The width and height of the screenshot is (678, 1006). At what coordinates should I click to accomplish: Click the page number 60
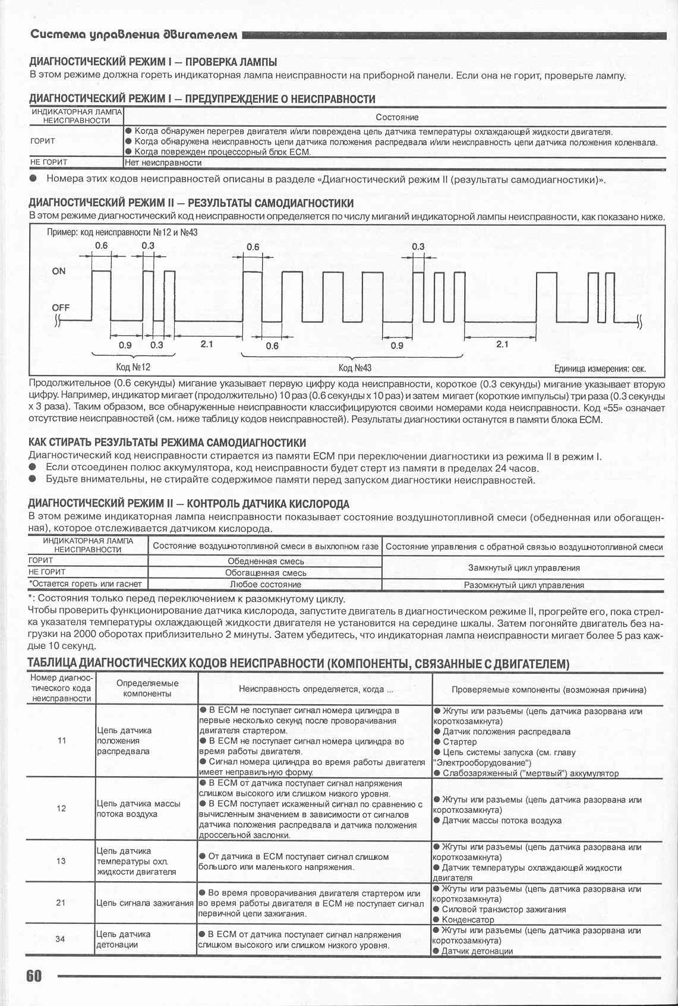pyautogui.click(x=34, y=976)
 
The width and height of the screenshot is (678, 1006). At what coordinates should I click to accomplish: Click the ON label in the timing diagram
pyautogui.click(x=59, y=271)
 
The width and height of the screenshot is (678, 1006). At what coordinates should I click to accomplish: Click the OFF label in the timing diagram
pyautogui.click(x=61, y=307)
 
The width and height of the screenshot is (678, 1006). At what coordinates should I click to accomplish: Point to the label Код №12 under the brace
pyautogui.click(x=133, y=368)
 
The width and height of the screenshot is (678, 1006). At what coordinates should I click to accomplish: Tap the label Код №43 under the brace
pyautogui.click(x=355, y=368)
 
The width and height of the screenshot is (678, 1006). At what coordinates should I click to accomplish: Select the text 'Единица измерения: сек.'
pyautogui.click(x=600, y=368)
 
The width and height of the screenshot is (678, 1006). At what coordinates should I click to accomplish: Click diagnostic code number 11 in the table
pyautogui.click(x=61, y=740)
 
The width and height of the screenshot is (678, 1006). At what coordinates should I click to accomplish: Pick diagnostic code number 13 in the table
pyautogui.click(x=61, y=861)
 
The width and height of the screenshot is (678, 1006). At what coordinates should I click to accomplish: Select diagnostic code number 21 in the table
pyautogui.click(x=61, y=903)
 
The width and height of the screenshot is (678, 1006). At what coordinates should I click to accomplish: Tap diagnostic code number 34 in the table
pyautogui.click(x=61, y=939)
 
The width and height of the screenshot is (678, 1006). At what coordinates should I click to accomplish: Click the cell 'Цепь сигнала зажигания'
pyautogui.click(x=146, y=903)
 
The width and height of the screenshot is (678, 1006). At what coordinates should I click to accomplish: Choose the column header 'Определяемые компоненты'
pyautogui.click(x=147, y=688)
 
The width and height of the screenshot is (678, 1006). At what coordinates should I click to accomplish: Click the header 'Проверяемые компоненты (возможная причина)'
pyautogui.click(x=548, y=689)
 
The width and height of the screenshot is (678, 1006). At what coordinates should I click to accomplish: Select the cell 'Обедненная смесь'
pyautogui.click(x=266, y=561)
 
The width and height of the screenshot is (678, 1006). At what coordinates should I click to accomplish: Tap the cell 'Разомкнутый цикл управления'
pyautogui.click(x=524, y=585)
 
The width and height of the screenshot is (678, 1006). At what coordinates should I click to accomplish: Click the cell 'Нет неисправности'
pyautogui.click(x=163, y=162)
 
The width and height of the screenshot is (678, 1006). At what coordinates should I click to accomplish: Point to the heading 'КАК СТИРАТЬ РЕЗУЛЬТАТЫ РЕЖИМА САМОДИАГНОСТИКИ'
pyautogui.click(x=168, y=443)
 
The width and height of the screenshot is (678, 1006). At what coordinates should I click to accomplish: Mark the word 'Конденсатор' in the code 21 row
pyautogui.click(x=468, y=919)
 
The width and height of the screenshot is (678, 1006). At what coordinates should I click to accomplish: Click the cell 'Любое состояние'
pyautogui.click(x=266, y=585)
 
